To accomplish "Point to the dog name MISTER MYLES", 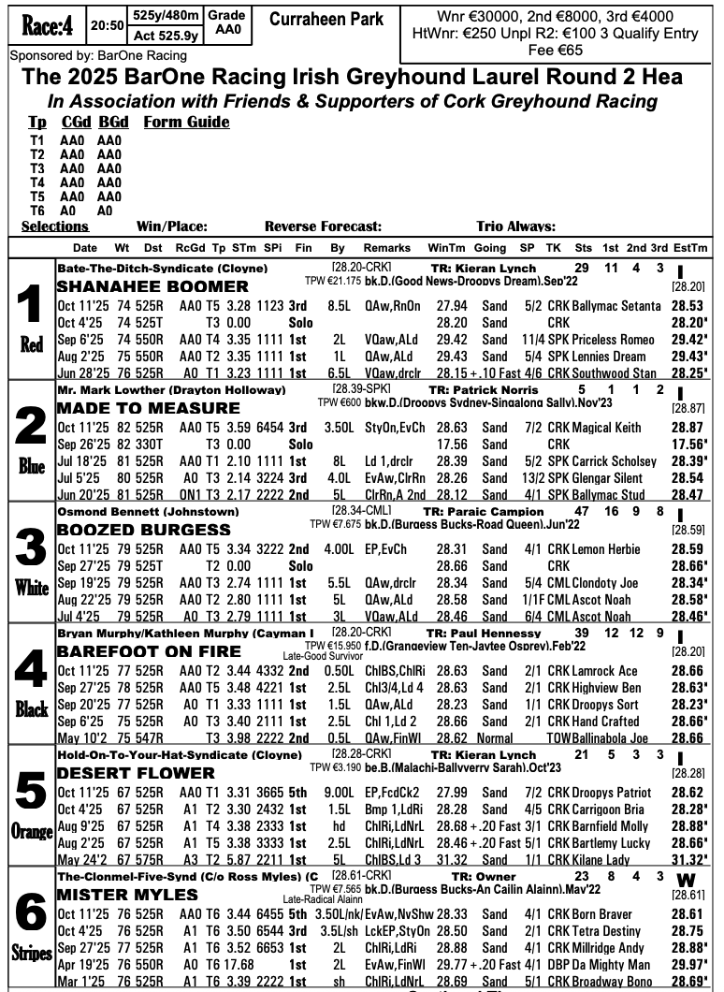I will coord(124,896).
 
